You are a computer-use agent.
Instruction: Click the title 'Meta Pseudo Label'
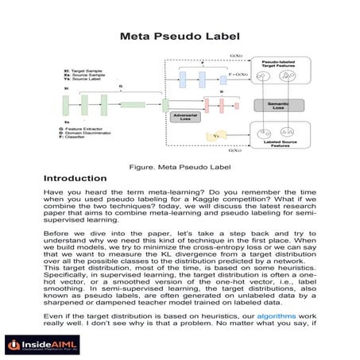coord(180,37)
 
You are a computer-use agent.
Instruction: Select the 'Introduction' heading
coord(75,178)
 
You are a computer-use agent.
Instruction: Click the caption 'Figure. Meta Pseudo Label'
coord(178,166)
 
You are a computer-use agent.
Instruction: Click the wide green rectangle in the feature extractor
coord(133,103)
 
